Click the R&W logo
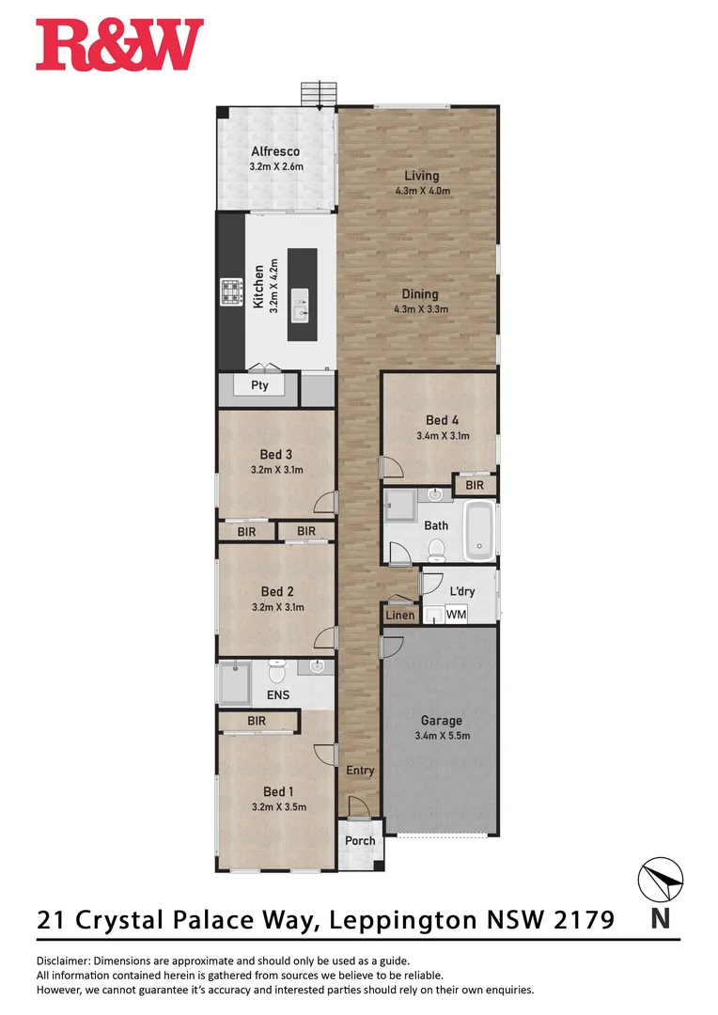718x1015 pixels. pos(119,45)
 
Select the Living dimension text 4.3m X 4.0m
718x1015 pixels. pos(422,191)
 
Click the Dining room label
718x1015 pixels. pos(422,293)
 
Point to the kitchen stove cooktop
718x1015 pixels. pos(231,293)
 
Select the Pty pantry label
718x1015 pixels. pos(259,385)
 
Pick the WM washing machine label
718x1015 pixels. pos(456,614)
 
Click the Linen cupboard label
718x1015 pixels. pos(399,615)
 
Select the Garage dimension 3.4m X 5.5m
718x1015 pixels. pos(442,736)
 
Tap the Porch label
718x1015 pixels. pos(360,841)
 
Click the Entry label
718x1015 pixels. pos(360,771)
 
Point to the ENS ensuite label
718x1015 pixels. pos(278,695)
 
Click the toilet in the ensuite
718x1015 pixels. pos(276,671)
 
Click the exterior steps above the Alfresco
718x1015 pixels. pos(319,95)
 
